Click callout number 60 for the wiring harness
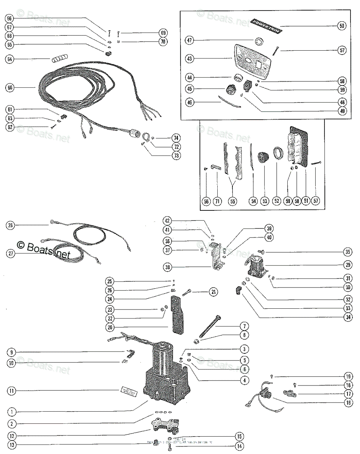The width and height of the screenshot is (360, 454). pyautogui.click(x=10, y=88)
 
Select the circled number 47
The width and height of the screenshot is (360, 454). pyautogui.click(x=190, y=40)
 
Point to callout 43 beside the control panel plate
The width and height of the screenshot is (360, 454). pyautogui.click(x=190, y=59)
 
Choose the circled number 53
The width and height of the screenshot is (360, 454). pyautogui.click(x=265, y=202)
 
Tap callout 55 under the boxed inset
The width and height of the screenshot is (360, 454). pyautogui.click(x=232, y=202)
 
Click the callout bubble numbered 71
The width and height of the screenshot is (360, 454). pyautogui.click(x=218, y=202)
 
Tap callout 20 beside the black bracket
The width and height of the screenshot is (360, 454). pyautogui.click(x=110, y=327)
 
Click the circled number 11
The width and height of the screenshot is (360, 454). pyautogui.click(x=12, y=390)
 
